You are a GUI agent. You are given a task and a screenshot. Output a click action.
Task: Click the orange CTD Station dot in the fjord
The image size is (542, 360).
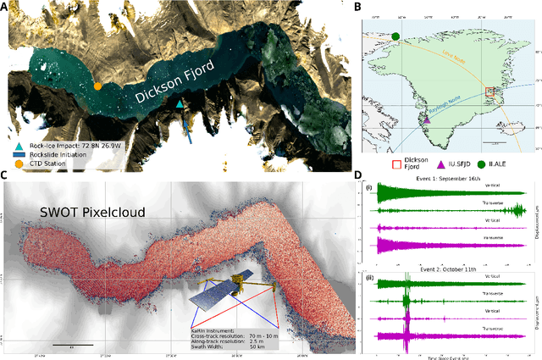click(97, 86)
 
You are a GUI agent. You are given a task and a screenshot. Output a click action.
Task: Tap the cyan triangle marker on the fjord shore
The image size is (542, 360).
click(180, 104)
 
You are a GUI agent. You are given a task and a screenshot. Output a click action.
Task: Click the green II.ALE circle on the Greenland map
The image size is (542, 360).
click(395, 36)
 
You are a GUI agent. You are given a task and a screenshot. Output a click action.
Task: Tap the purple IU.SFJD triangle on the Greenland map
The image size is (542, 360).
click(427, 120)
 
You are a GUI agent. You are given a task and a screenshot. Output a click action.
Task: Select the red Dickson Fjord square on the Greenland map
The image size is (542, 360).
click(489, 92)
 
